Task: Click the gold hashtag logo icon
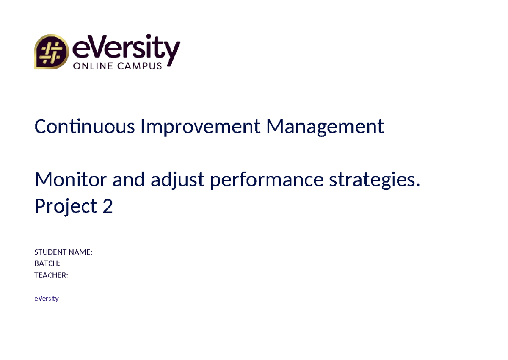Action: [x=51, y=52]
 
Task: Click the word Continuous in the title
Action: [x=84, y=126]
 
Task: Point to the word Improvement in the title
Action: [x=200, y=126]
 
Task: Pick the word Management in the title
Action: [x=325, y=126]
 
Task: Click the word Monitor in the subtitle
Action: [x=70, y=180]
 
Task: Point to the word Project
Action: [x=66, y=207]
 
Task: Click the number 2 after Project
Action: [x=108, y=206]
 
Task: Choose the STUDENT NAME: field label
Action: [x=63, y=252]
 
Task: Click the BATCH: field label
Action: [x=47, y=264]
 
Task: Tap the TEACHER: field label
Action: [x=51, y=275]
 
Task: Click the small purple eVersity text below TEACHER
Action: [x=46, y=299]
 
